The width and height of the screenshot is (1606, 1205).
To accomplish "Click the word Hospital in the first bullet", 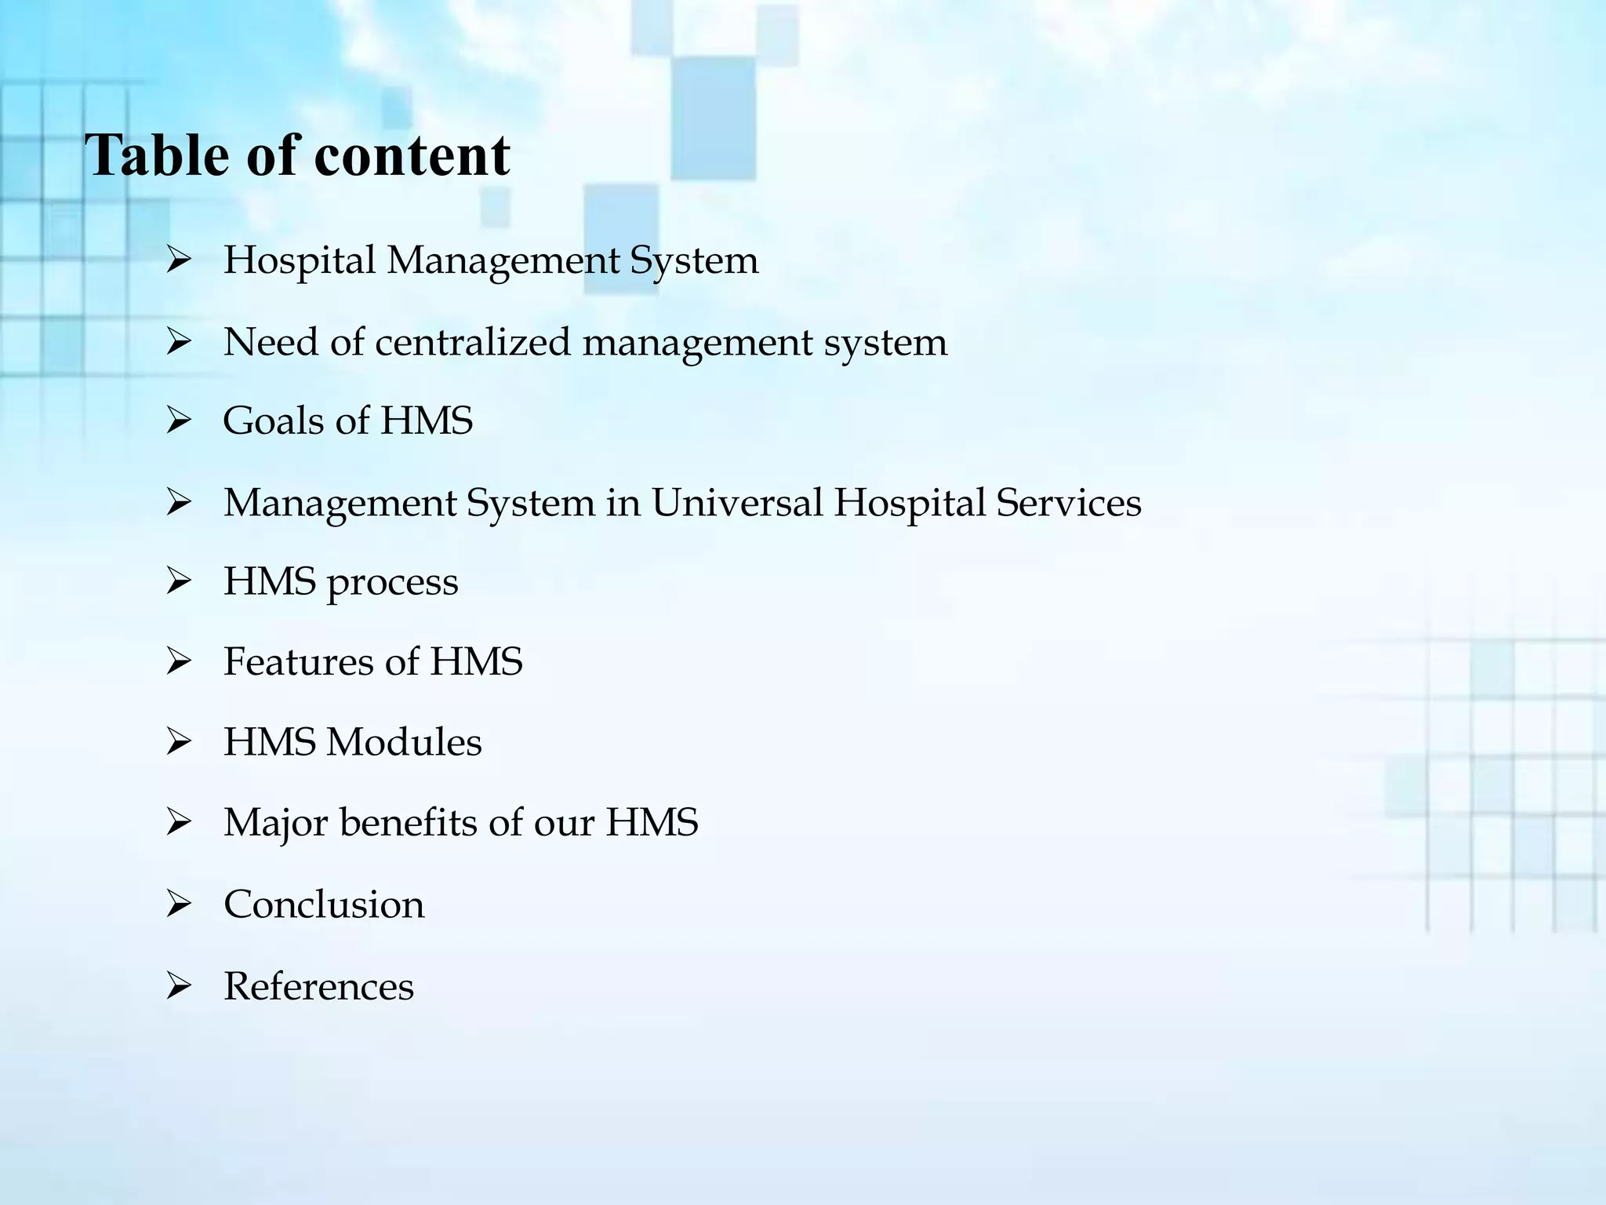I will click(300, 260).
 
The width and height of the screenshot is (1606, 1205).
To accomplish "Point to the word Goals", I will click(273, 420).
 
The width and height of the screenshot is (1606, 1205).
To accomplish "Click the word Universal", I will click(736, 502).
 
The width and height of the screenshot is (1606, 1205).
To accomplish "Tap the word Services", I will click(1068, 502).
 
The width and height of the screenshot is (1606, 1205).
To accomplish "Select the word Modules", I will click(404, 742).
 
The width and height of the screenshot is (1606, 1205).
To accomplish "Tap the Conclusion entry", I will click(324, 905).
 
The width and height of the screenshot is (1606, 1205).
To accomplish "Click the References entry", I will click(318, 986).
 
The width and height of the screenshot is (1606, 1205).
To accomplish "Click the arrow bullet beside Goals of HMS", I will click(179, 422).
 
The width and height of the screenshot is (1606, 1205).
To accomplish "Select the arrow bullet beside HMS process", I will click(179, 582).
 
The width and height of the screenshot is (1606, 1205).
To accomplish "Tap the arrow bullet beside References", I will click(179, 987).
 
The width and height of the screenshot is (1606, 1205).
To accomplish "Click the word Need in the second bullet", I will click(271, 342).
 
